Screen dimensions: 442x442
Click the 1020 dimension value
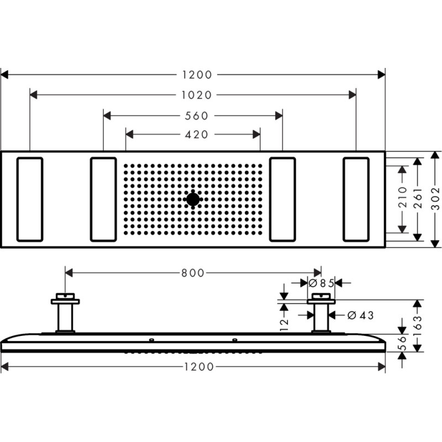196,95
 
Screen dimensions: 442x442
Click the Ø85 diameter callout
321,283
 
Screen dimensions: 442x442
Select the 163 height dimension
418,326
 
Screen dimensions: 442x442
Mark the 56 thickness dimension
403,344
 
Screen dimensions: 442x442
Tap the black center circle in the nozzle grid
193,199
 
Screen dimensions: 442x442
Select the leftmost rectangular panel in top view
30,199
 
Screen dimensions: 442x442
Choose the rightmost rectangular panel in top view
356,199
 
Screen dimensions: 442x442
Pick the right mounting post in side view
321,316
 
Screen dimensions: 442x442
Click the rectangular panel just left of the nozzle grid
103,199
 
